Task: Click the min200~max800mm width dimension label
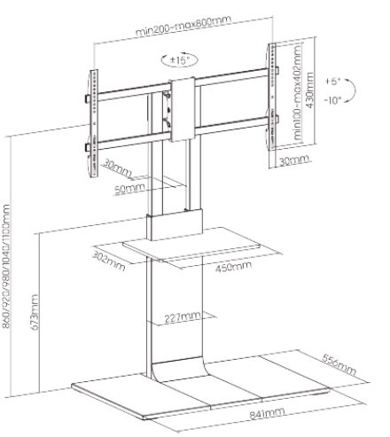coord(183,25)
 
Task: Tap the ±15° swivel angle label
coord(179,60)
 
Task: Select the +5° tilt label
coord(333,82)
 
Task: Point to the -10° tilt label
coord(332,100)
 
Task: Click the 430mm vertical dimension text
coord(309,90)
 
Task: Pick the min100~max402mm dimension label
coord(298,92)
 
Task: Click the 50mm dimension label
coord(129,189)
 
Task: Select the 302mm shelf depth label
coord(109,261)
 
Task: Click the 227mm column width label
coord(183,317)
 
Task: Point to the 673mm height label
coord(35,312)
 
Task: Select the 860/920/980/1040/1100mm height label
coord(6,266)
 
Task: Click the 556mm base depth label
coord(339,364)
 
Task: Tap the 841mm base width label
coord(268,413)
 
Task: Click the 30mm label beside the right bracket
coord(294,160)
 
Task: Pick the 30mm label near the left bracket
coord(116,168)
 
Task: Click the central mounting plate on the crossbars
coord(183,109)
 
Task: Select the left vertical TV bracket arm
coord(93,124)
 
